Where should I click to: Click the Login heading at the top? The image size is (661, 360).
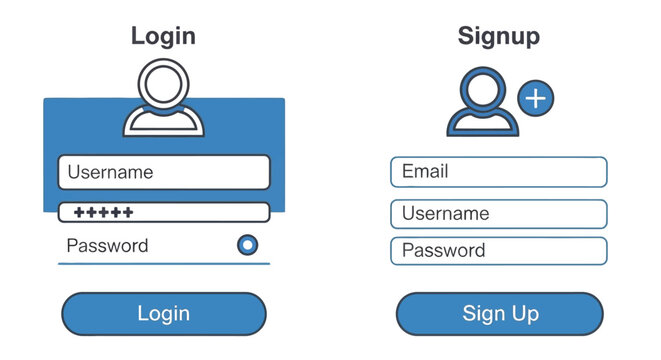[163, 37]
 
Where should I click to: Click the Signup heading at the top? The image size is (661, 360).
[498, 37]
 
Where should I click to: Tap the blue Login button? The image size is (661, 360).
[164, 314]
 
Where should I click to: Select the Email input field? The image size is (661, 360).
[498, 172]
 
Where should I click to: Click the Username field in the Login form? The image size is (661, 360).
[164, 172]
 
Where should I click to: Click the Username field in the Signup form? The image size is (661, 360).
[498, 214]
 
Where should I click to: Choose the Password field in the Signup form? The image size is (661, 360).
[498, 251]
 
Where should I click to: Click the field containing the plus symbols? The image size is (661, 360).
[164, 212]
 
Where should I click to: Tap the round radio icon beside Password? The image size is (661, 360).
[247, 245]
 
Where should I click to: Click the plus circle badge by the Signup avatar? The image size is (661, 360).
[537, 98]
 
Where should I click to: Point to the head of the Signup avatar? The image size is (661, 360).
[482, 88]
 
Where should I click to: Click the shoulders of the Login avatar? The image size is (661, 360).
[163, 123]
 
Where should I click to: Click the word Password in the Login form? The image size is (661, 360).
[107, 246]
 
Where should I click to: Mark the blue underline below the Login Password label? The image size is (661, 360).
[164, 263]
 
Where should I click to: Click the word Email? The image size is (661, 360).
[425, 172]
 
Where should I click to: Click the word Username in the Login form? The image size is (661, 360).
[110, 172]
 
